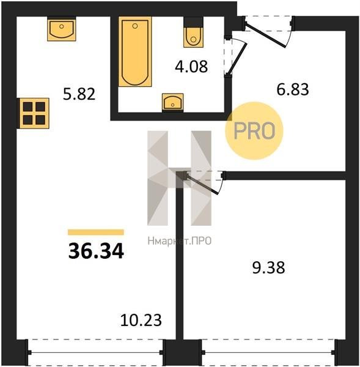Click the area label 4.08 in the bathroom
[x=191, y=67]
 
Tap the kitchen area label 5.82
[x=79, y=94]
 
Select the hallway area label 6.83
[x=293, y=89]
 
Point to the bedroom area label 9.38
[x=268, y=267]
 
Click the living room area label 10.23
[x=141, y=320]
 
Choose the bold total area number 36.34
[x=96, y=251]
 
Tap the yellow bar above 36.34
[x=96, y=232]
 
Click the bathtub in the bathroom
[x=135, y=51]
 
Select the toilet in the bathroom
[x=193, y=32]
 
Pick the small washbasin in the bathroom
[x=172, y=103]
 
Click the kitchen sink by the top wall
[x=62, y=29]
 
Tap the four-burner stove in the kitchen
[x=34, y=113]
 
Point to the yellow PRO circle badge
[x=254, y=131]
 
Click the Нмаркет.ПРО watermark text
[x=180, y=241]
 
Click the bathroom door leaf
[x=237, y=59]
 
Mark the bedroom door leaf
[x=203, y=184]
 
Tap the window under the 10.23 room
[x=95, y=352]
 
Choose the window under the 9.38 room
[x=268, y=352]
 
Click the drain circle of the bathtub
[x=135, y=26]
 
